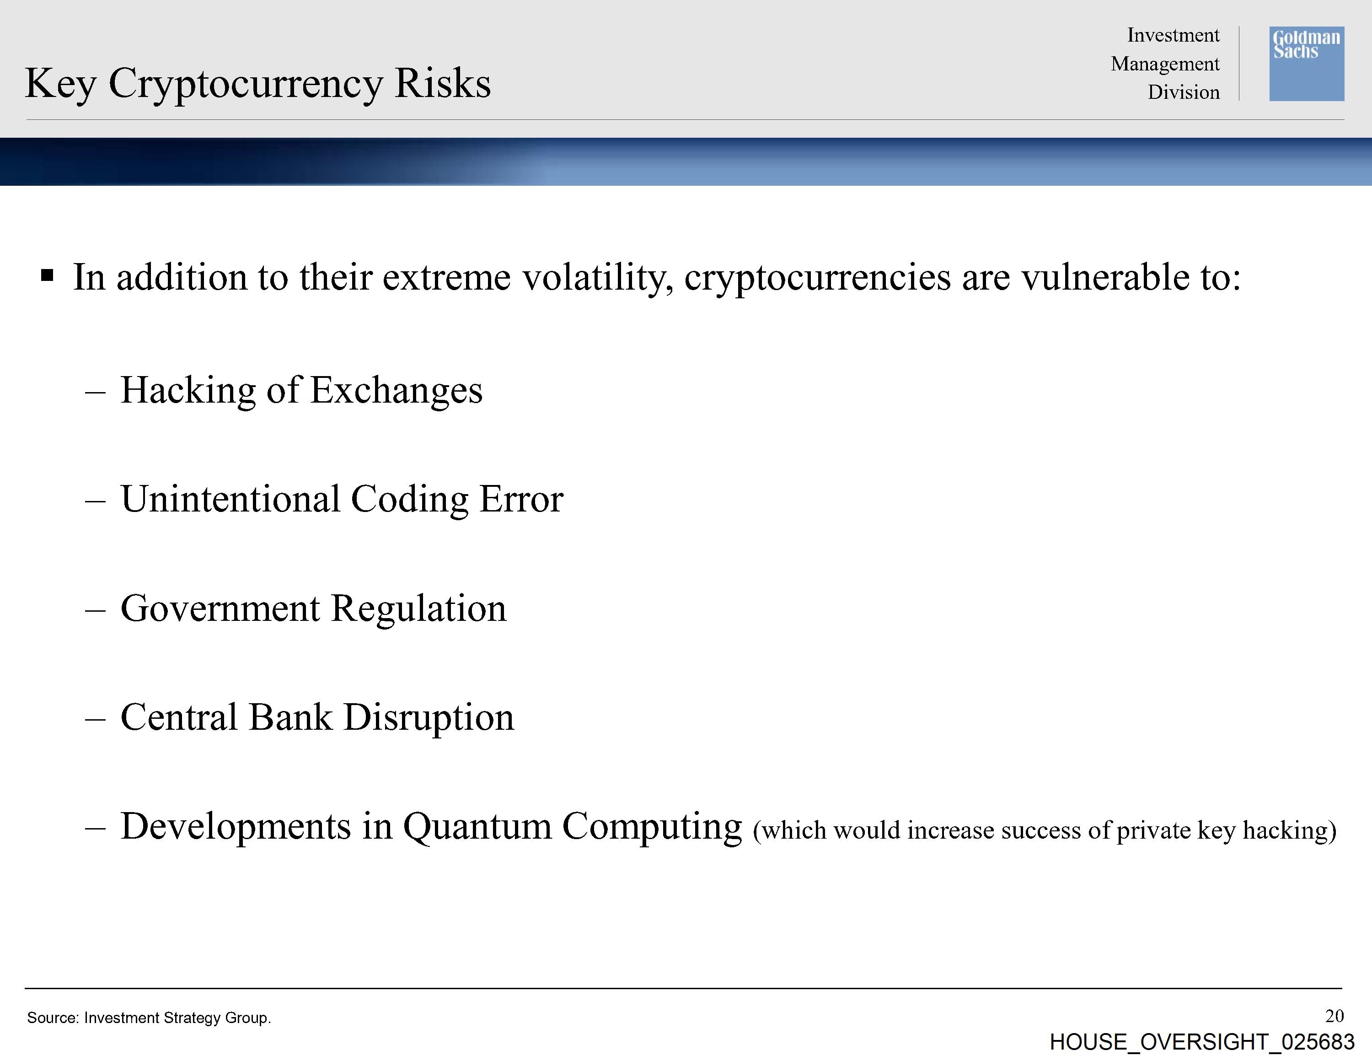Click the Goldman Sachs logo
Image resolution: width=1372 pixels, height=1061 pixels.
click(x=1307, y=64)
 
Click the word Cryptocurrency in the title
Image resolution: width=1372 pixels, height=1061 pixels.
click(x=245, y=84)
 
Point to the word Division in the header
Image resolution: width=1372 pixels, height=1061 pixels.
click(x=1184, y=92)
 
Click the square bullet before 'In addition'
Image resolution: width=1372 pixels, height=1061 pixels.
click(x=47, y=275)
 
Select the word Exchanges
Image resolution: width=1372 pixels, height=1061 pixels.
click(x=397, y=390)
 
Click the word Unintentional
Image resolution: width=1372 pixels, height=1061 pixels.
click(x=230, y=499)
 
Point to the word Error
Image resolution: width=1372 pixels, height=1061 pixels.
click(x=521, y=500)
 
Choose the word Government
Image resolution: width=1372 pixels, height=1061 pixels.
click(x=220, y=609)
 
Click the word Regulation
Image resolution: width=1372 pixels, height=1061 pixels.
click(x=418, y=609)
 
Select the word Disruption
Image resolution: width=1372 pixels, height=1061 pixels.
click(x=429, y=718)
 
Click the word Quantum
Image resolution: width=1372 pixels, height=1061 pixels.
click(x=477, y=827)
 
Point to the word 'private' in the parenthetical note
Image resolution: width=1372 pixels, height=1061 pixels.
click(x=1153, y=831)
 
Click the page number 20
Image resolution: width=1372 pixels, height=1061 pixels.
click(x=1334, y=1016)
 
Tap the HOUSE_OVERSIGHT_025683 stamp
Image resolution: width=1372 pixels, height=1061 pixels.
click(x=1202, y=1042)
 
